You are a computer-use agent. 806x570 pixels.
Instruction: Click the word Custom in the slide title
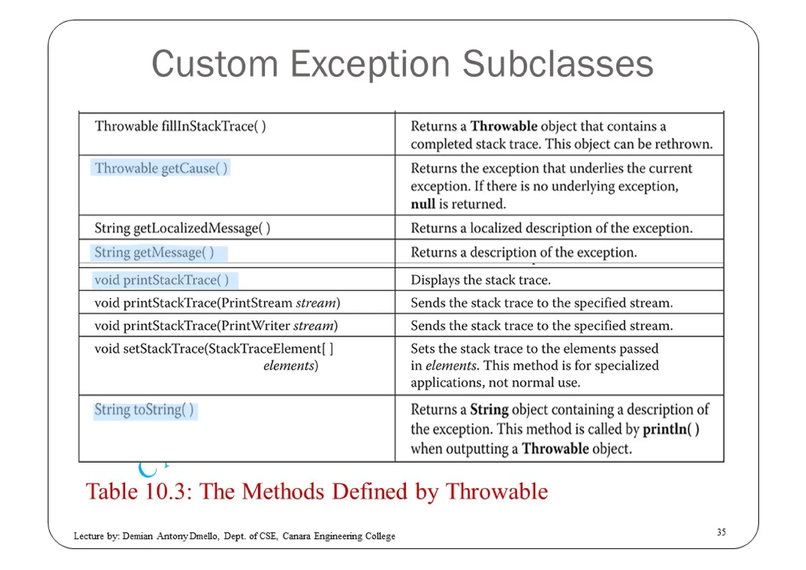click(214, 64)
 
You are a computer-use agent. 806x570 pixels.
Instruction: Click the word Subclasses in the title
click(558, 64)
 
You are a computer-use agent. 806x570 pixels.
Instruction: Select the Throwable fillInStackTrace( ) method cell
click(180, 126)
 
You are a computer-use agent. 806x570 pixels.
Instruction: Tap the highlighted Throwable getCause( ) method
click(161, 168)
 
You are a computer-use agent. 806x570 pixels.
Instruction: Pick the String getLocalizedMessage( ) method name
click(182, 228)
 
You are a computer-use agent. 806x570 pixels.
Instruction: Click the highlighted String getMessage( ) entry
click(154, 253)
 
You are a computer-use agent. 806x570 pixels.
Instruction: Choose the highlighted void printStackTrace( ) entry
click(161, 280)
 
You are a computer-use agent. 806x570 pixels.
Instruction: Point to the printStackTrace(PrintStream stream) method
click(217, 303)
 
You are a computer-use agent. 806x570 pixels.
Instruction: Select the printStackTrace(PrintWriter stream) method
click(216, 326)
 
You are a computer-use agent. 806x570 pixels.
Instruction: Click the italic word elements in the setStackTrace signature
click(289, 366)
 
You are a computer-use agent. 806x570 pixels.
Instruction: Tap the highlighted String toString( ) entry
click(144, 410)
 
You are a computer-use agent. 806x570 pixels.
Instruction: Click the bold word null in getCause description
click(423, 204)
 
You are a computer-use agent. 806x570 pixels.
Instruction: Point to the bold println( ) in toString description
click(671, 429)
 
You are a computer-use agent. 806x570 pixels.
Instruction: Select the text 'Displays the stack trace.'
click(481, 280)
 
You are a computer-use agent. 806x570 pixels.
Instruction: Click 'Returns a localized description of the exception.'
click(551, 228)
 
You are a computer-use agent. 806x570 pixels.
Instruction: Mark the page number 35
click(721, 532)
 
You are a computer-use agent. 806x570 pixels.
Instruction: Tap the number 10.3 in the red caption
click(165, 492)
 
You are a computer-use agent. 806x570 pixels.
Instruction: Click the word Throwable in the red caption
click(496, 492)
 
